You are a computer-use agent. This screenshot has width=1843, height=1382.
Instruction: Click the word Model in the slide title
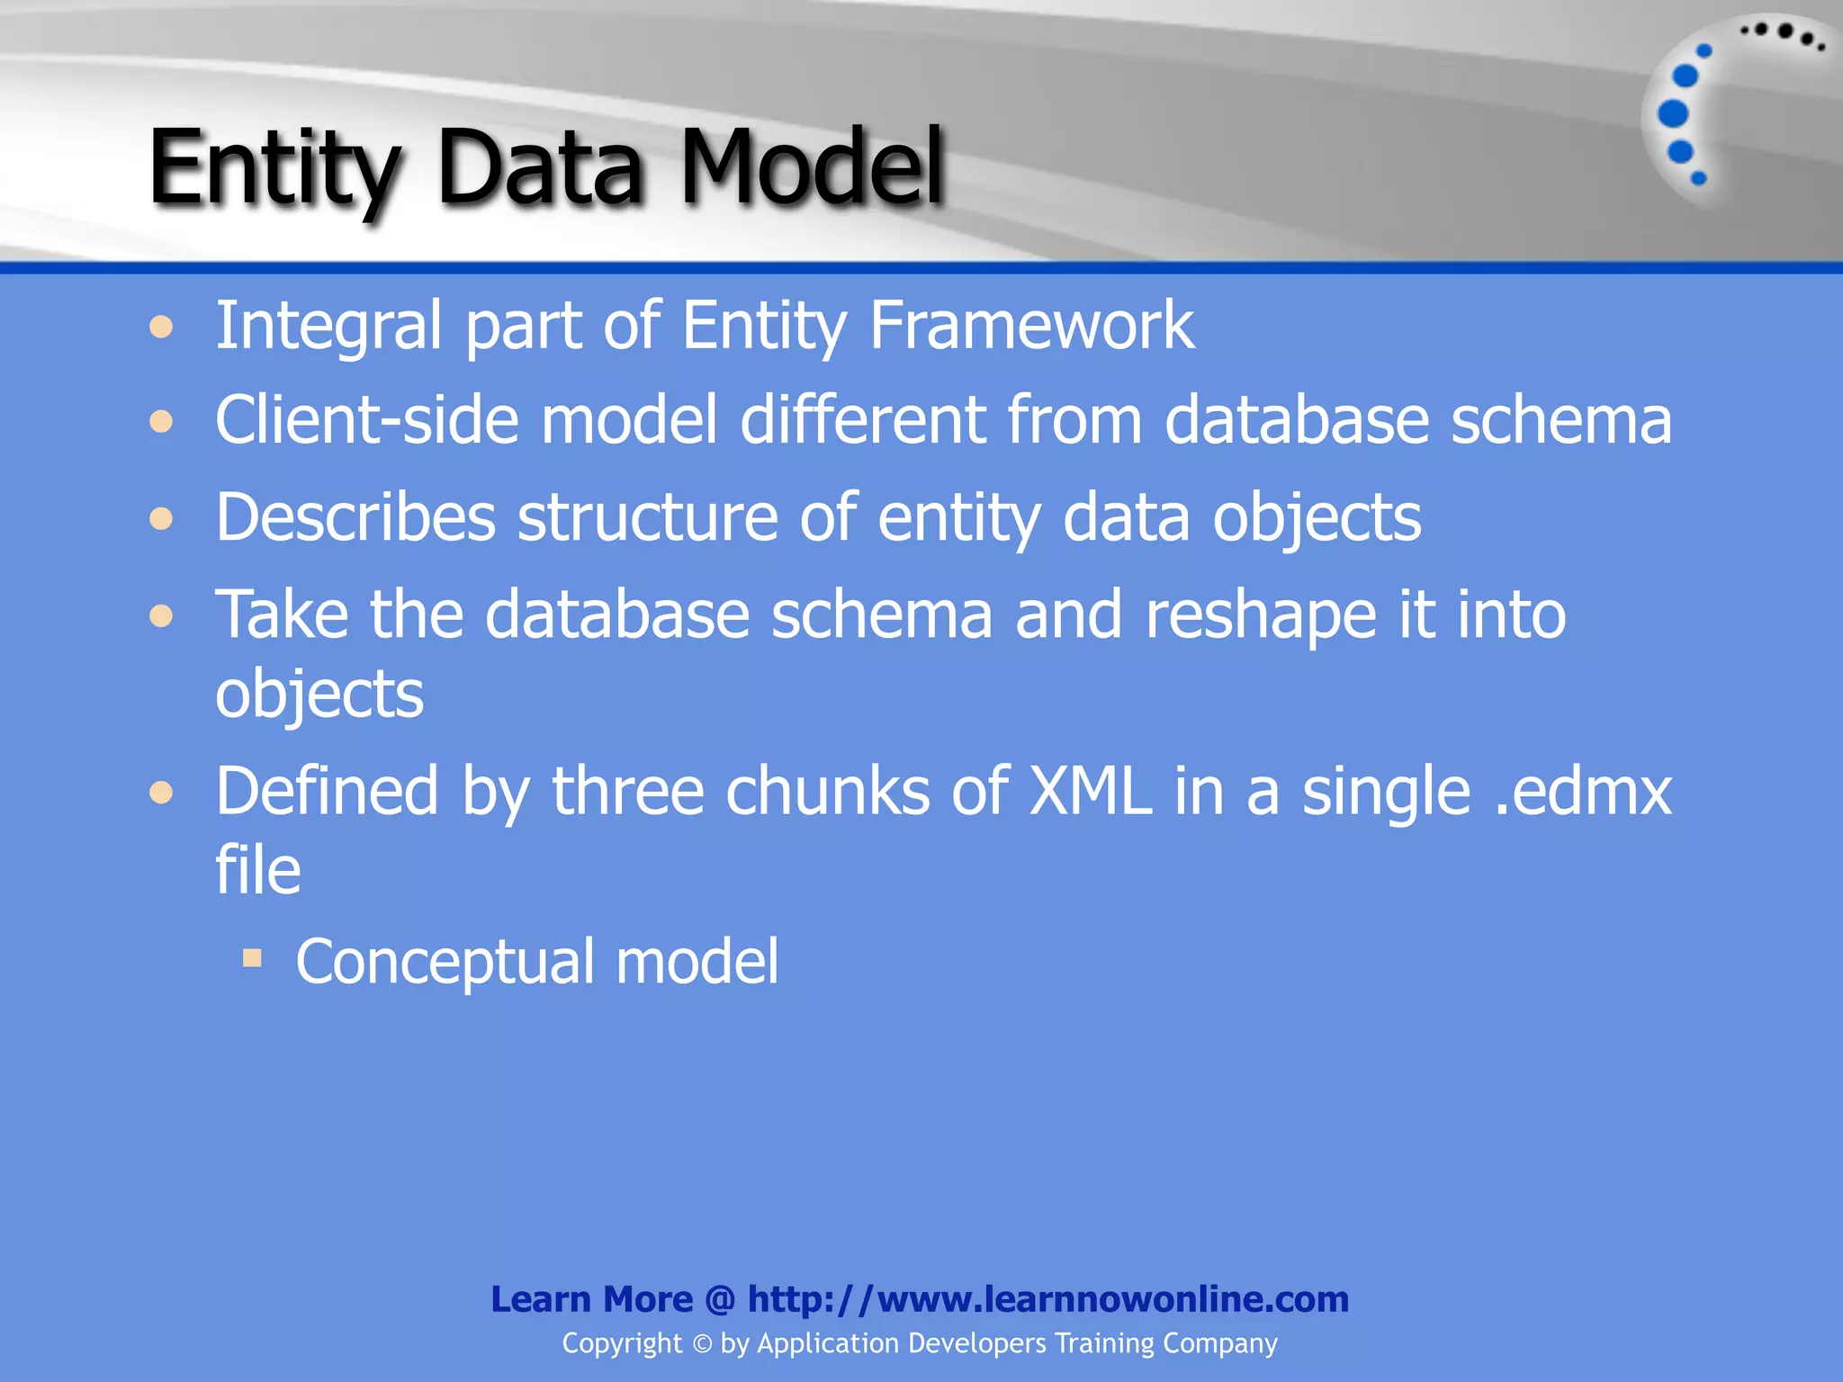[x=811, y=166]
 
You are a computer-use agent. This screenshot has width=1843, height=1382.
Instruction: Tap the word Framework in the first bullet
[x=1031, y=325]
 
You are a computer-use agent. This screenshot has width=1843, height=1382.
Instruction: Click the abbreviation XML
[x=1090, y=792]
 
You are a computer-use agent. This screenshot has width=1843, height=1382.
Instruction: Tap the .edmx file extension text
[x=1581, y=792]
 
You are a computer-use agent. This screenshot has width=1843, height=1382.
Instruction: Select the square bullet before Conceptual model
[x=252, y=957]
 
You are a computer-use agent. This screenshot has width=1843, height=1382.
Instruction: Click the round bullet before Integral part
[x=161, y=327]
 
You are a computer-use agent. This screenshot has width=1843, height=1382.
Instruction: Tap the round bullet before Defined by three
[x=161, y=793]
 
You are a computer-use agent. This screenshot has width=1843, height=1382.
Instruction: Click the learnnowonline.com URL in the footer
[x=1047, y=1299]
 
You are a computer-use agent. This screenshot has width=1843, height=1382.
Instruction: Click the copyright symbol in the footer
[x=702, y=1344]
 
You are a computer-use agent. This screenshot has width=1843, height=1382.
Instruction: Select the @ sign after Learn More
[x=720, y=1300]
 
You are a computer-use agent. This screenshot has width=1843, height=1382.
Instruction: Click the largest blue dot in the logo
[x=1673, y=113]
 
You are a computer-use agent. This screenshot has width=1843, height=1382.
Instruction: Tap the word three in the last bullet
[x=627, y=792]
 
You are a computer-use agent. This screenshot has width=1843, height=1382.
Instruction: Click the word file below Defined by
[x=257, y=870]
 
